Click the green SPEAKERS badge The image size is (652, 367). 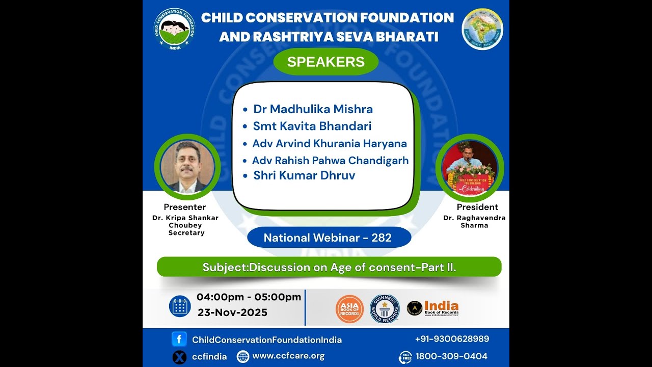pos(326,62)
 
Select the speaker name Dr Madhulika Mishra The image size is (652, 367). pos(313,109)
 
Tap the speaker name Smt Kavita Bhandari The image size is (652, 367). pos(312,126)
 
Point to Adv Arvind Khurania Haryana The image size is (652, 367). pos(330,143)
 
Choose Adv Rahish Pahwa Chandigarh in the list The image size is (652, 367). pos(330,161)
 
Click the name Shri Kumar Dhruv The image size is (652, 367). pos(304,176)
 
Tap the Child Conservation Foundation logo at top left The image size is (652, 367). pos(174,29)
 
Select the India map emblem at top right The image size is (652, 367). pos(482,29)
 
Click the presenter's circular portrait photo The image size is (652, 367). pos(187,167)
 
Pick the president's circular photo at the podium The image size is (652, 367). pos(469,168)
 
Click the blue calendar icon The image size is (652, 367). pos(180,306)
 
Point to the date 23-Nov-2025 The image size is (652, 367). pos(232,312)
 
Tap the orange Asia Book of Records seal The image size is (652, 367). pos(349,309)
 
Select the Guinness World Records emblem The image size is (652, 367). pos(385,309)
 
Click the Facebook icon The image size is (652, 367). pos(179,339)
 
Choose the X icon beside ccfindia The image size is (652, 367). pos(179,357)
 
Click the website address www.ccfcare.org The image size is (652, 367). pos(288,356)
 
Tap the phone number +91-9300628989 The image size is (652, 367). pos(452,339)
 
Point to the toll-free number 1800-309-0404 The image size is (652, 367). pos(451,356)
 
